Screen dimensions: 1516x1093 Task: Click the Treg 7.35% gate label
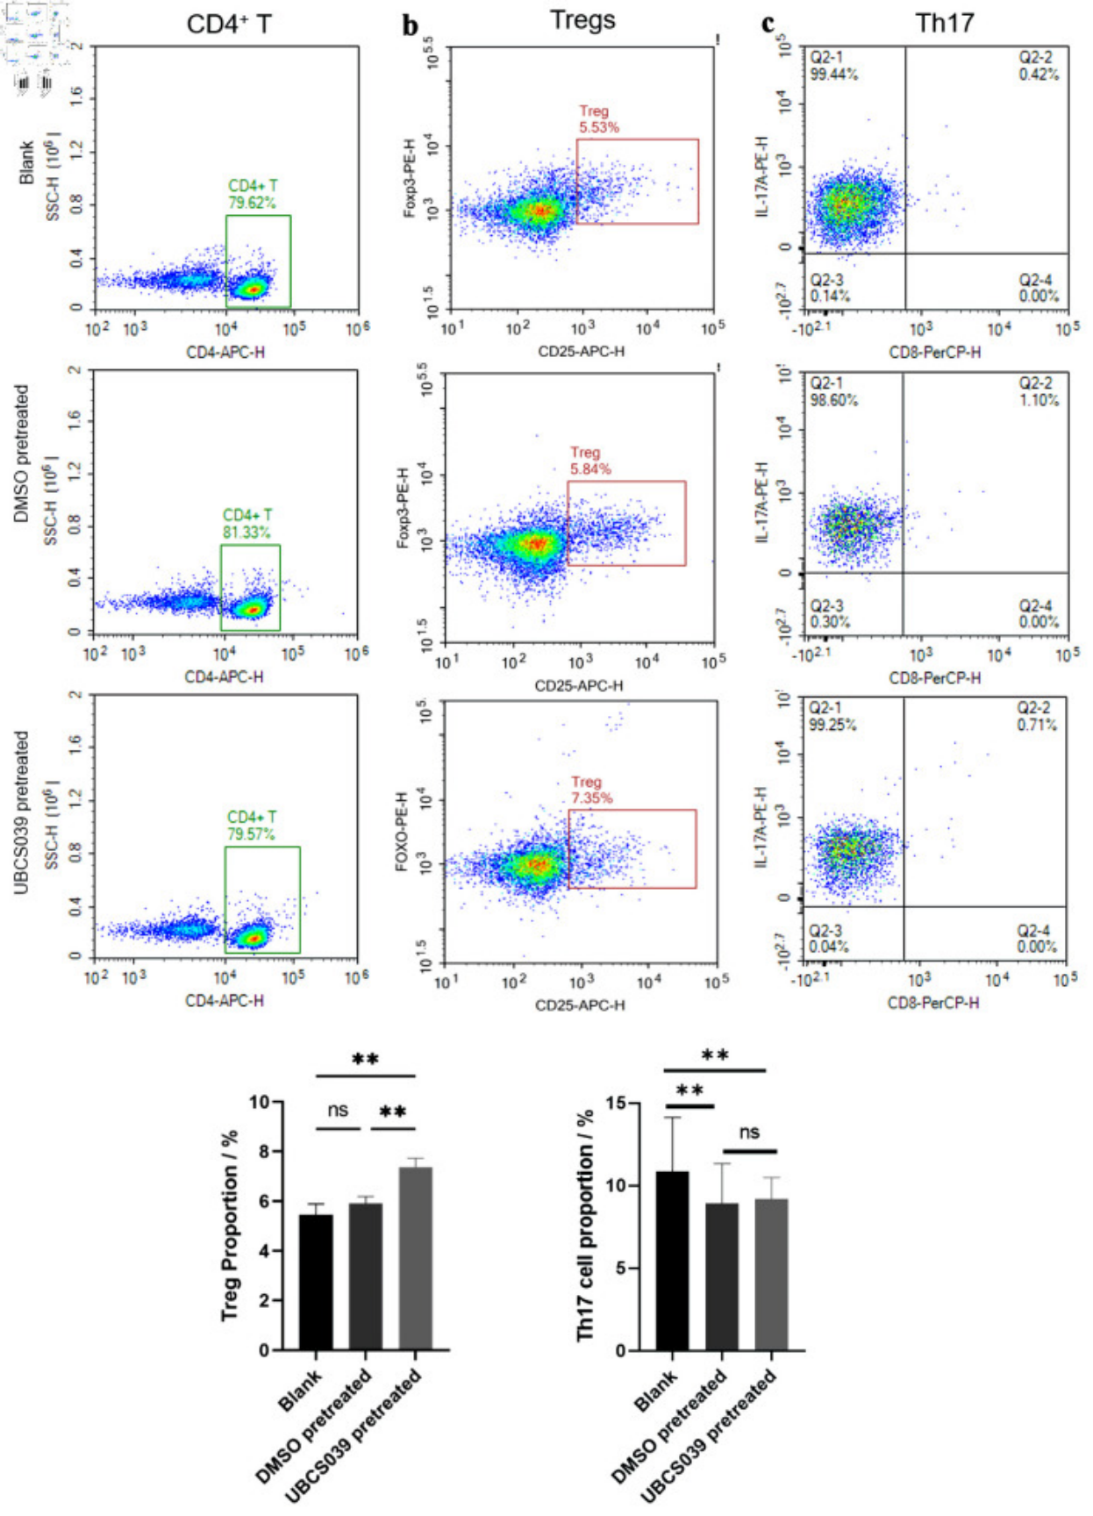coord(591,790)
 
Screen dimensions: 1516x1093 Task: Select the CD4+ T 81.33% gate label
coord(246,524)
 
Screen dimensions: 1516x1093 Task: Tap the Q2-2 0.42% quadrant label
coord(1038,66)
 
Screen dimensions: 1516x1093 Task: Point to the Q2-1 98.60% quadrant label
coord(833,391)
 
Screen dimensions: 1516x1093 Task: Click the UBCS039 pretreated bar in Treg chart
coord(416,1258)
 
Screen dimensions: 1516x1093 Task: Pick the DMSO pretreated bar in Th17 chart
coord(721,1276)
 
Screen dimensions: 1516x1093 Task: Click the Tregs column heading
coord(582,20)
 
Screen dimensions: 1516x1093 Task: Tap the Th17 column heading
coord(944,22)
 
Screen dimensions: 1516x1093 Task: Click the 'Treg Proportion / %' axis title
coord(230,1226)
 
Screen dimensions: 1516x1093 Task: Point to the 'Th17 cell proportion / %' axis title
coord(585,1226)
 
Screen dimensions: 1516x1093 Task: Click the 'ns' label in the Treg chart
coord(338,1110)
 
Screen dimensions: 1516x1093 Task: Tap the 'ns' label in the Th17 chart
coord(749,1132)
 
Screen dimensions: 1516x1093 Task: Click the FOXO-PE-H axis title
coord(402,831)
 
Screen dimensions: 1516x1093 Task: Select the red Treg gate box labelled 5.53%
coord(637,181)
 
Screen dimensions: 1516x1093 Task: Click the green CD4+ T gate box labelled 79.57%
coord(262,899)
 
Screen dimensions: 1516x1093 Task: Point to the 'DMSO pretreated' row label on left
coord(22,454)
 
